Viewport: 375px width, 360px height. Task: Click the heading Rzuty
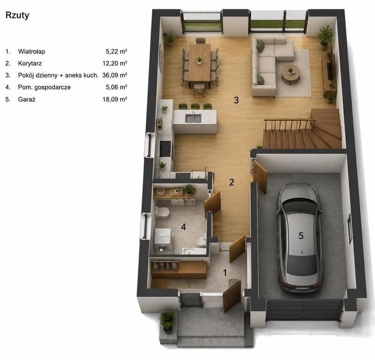(x=17, y=15)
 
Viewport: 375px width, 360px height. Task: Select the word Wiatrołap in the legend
(x=31, y=52)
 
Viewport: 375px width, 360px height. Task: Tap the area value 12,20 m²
(x=115, y=63)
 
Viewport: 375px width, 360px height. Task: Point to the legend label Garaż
(x=27, y=99)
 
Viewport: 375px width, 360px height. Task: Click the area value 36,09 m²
(x=114, y=75)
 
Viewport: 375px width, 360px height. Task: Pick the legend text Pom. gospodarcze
(x=45, y=87)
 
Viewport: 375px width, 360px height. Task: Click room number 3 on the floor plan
(x=236, y=100)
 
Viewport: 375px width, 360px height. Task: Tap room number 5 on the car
(x=301, y=236)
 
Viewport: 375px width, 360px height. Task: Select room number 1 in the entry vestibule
(x=225, y=273)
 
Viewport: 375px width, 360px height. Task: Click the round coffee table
(x=291, y=75)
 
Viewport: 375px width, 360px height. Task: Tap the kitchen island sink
(x=194, y=119)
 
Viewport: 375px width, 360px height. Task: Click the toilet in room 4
(x=162, y=212)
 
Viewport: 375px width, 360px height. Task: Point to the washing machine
(x=163, y=240)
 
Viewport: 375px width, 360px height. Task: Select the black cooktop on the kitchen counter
(x=165, y=149)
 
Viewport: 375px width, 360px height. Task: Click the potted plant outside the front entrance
(x=168, y=322)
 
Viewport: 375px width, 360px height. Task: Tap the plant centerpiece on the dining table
(x=199, y=60)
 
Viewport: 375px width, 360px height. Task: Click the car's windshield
(x=300, y=206)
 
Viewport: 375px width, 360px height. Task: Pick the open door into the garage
(x=260, y=176)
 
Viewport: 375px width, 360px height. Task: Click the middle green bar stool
(x=195, y=106)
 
